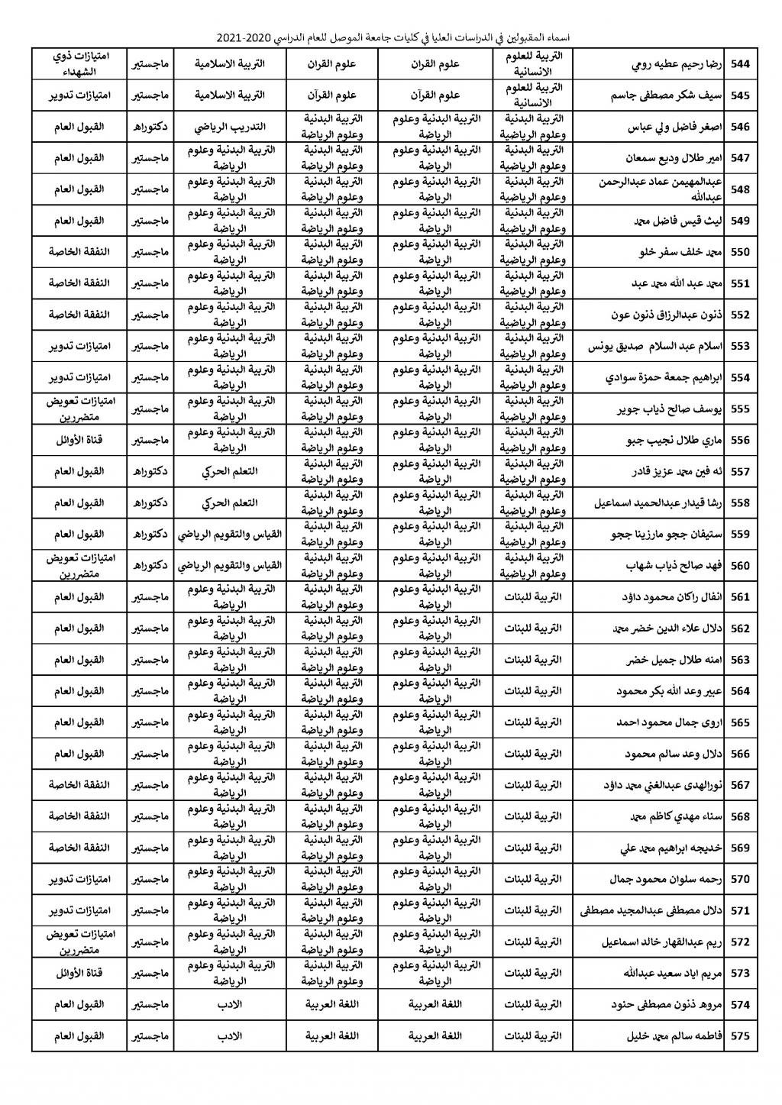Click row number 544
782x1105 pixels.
pos(740,64)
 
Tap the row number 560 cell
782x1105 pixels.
pos(740,566)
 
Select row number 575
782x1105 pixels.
pos(740,1036)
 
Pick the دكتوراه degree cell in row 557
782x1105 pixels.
pos(150,472)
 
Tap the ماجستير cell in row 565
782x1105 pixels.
pos(150,722)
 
